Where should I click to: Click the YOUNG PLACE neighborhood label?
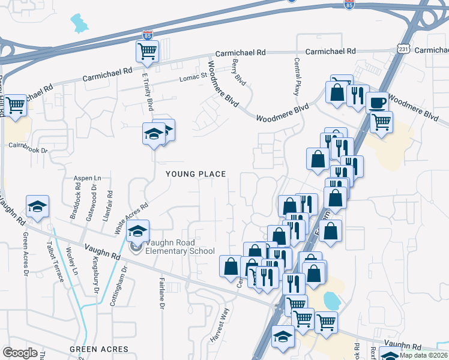[196, 174]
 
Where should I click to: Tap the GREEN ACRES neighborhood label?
[99, 349]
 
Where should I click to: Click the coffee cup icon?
[378, 103]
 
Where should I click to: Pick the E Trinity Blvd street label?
[148, 91]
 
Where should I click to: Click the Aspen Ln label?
[88, 178]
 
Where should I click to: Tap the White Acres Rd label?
[133, 217]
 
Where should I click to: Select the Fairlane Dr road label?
[161, 297]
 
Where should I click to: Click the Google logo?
[20, 353]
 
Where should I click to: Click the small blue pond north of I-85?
[79, 23]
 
